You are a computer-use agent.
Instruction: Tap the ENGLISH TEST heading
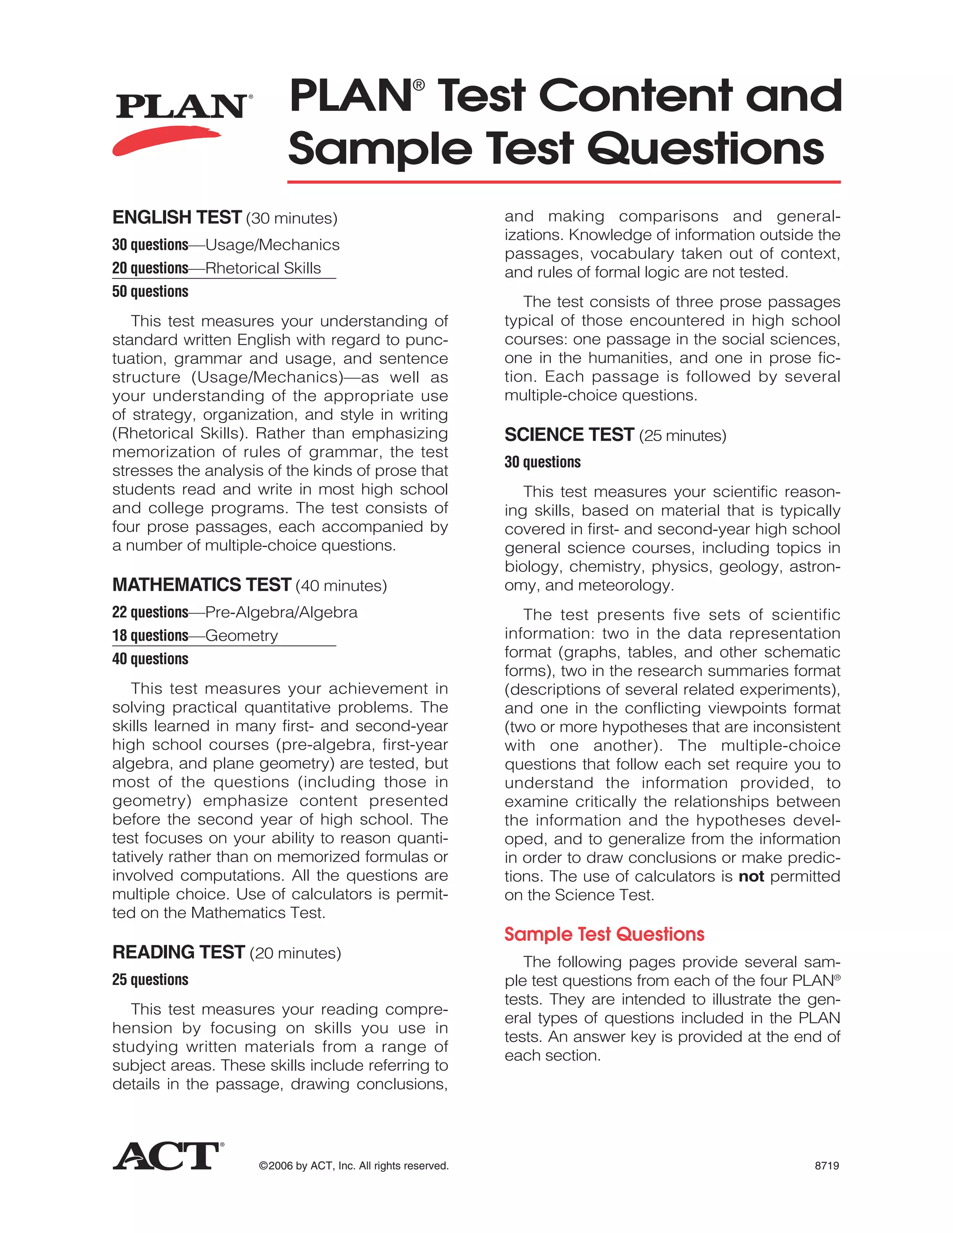pos(177,217)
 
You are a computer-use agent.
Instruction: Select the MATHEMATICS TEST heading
pos(201,584)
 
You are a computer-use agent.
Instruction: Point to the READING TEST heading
pos(178,952)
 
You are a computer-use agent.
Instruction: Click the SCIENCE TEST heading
pos(569,435)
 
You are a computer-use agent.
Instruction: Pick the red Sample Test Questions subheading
pos(604,934)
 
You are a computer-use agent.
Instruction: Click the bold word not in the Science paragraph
pos(751,877)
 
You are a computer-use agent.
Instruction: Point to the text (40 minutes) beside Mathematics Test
pos(342,585)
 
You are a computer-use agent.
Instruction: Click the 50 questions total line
pos(150,291)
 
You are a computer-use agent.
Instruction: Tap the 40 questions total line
pos(150,659)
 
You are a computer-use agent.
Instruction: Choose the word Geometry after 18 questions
pos(242,636)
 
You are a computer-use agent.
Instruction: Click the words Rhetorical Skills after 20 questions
pos(263,268)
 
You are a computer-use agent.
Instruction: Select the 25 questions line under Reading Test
pos(150,979)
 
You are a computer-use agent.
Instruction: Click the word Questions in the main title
pos(706,149)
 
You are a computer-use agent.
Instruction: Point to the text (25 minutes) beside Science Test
pos(683,436)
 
